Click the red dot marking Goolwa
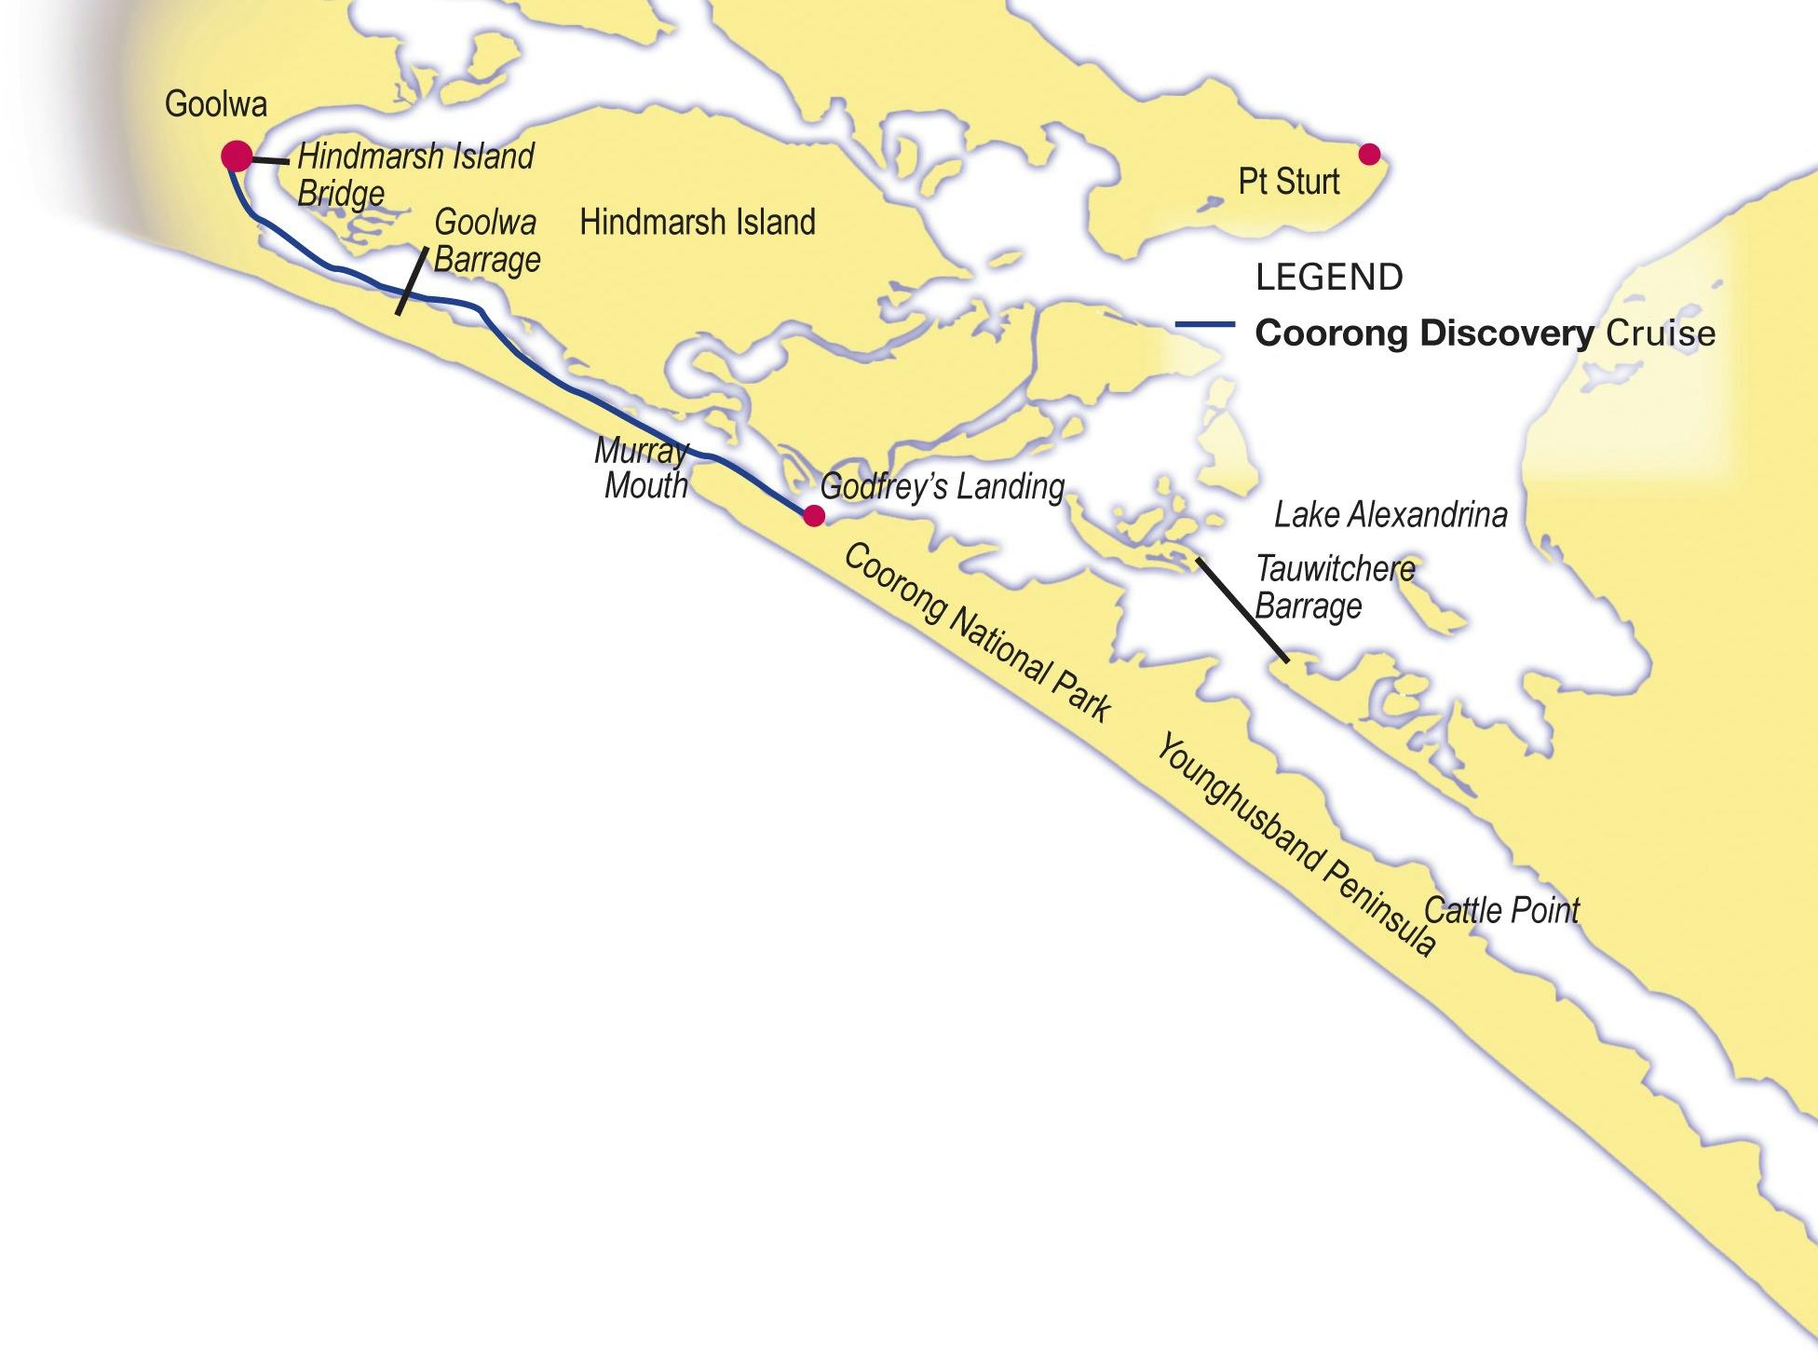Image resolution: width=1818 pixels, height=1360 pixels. tap(237, 156)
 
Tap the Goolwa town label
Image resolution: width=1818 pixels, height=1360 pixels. tap(216, 104)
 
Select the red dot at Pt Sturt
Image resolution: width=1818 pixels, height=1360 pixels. tap(1368, 154)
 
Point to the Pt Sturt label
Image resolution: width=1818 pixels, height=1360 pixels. tap(1288, 182)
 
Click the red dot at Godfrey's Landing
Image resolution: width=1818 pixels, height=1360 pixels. tap(813, 516)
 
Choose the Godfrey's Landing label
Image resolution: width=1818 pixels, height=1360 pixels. tap(942, 486)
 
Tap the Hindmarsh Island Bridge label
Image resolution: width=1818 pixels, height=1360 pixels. tap(414, 175)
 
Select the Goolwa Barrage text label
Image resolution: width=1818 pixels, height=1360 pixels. tap(486, 241)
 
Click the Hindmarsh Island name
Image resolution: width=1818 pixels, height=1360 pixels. tap(698, 223)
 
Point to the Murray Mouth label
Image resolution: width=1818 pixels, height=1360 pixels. tap(644, 469)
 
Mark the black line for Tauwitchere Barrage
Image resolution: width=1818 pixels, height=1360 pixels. tap(1242, 610)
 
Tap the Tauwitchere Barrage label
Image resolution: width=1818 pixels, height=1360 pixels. tap(1334, 587)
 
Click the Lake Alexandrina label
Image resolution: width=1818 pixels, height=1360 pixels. tap(1390, 514)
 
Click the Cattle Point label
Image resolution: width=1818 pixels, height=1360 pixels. tap(1501, 910)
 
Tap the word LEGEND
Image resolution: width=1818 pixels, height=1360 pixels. tap(1329, 278)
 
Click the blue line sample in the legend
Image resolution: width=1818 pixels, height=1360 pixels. tap(1204, 325)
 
